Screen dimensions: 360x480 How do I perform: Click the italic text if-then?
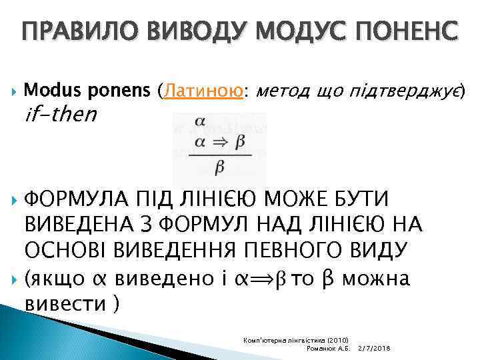coord(61,115)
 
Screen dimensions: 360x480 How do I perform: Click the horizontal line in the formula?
coord(219,155)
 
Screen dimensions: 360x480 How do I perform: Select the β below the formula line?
coord(219,167)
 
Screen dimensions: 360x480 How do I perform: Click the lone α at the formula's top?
coord(199,122)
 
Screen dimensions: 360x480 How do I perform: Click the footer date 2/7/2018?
coord(374,349)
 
